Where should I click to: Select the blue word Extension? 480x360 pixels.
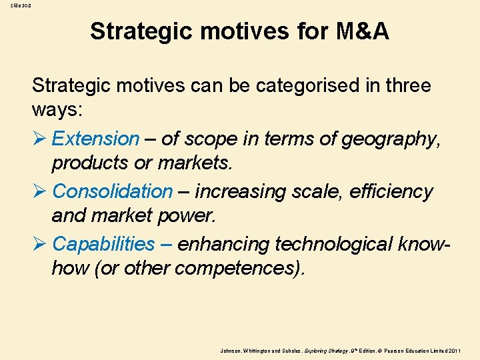95,139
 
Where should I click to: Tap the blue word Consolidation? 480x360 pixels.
112,191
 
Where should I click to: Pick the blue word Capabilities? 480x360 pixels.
103,244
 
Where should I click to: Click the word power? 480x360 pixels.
193,215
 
